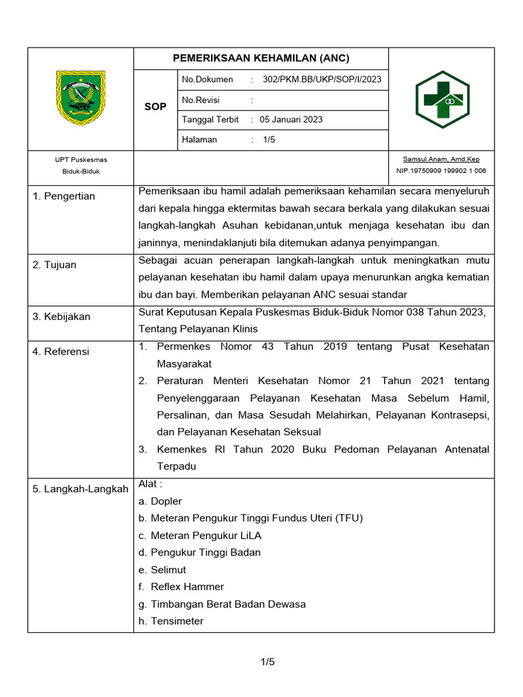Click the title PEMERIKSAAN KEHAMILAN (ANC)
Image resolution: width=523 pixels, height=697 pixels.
click(x=261, y=58)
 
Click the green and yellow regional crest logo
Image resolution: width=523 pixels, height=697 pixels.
click(x=80, y=98)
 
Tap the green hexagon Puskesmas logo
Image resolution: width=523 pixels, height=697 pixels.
click(x=442, y=99)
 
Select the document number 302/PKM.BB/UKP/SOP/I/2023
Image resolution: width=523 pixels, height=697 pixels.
click(x=321, y=80)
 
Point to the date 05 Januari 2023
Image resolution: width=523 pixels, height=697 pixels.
click(x=291, y=120)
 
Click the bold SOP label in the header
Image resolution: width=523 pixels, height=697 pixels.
click(x=155, y=107)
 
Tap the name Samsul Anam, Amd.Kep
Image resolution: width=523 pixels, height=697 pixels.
click(x=441, y=159)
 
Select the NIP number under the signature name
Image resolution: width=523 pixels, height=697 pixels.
click(x=441, y=171)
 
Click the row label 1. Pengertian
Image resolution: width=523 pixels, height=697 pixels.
click(x=64, y=197)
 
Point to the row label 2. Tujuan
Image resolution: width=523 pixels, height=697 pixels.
click(x=56, y=265)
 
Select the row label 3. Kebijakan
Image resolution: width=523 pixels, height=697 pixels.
click(x=61, y=317)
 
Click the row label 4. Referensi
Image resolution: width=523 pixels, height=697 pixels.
click(x=61, y=352)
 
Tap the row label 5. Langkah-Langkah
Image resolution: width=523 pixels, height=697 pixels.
click(x=80, y=489)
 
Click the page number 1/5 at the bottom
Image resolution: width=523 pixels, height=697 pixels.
click(x=267, y=662)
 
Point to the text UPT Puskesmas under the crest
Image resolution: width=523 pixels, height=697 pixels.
click(x=81, y=160)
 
